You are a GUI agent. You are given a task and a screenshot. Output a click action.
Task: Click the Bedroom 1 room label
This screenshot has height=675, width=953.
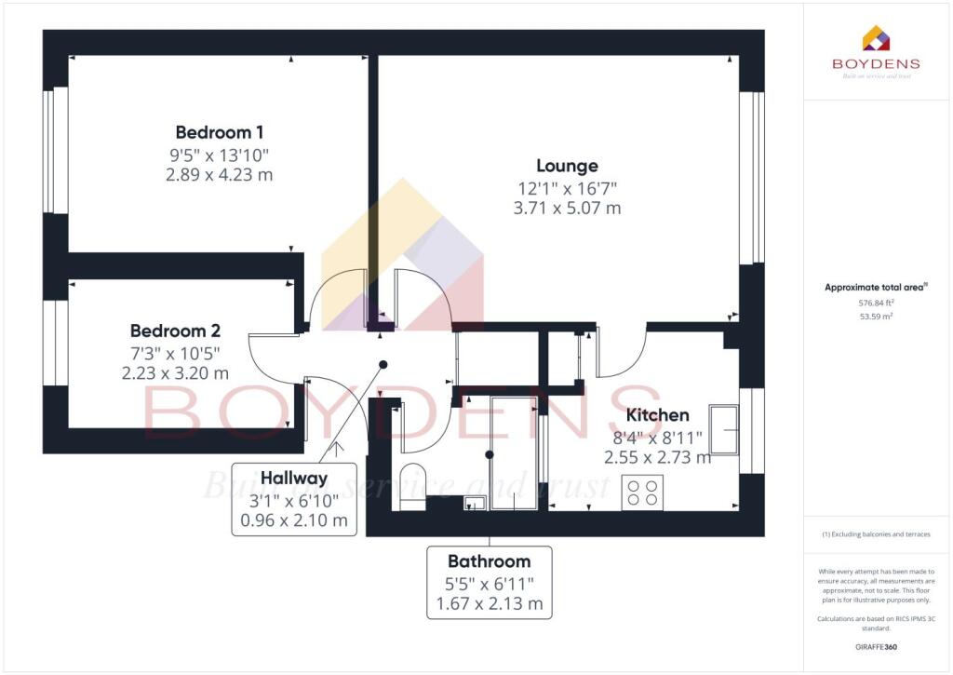[x=220, y=132]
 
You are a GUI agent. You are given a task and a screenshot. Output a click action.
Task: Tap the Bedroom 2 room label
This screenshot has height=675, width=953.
[x=175, y=331]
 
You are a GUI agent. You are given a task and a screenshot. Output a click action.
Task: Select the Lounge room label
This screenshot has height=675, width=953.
[x=567, y=166]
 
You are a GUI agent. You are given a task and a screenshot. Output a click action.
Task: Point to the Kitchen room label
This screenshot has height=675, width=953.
[x=657, y=415]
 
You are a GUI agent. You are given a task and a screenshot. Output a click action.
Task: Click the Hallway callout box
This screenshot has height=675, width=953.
[x=294, y=499]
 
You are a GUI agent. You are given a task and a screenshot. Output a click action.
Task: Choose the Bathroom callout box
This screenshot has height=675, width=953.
[x=490, y=582]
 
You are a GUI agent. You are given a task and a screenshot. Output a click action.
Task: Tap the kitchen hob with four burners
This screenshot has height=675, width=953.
[x=641, y=492]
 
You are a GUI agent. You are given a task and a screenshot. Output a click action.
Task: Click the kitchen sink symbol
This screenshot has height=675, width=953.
[x=724, y=429]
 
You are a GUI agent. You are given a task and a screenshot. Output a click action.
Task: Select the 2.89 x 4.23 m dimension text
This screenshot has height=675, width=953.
[x=220, y=174]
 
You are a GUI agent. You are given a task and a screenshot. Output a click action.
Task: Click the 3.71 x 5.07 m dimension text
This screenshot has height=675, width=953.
[x=567, y=209]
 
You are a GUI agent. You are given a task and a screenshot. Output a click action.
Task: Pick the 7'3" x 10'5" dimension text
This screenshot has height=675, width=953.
[x=175, y=353]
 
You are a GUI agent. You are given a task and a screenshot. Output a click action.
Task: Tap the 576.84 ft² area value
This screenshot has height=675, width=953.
[x=877, y=303]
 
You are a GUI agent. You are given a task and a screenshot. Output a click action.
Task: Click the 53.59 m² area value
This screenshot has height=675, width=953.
[x=877, y=317]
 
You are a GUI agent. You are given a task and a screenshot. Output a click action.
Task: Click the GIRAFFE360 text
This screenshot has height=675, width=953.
[x=877, y=646]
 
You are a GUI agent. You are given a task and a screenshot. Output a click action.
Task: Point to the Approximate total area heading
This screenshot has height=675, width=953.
[x=876, y=288]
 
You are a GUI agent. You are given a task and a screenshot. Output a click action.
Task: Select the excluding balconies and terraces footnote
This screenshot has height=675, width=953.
[x=877, y=534]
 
